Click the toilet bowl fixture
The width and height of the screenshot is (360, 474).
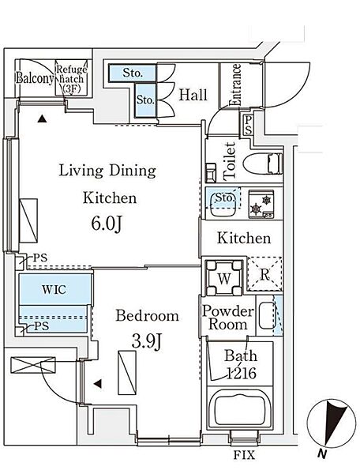(x=263, y=164)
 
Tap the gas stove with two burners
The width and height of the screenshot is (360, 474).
(x=261, y=204)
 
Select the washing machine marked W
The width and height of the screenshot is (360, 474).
(x=223, y=277)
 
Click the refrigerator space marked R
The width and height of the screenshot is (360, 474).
(x=264, y=274)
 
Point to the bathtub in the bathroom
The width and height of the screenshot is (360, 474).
(x=240, y=408)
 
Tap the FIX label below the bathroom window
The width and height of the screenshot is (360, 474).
(x=244, y=455)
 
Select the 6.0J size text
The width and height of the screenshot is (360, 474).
(x=107, y=224)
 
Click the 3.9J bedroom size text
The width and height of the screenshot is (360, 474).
(x=147, y=341)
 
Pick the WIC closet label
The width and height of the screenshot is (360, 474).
(x=54, y=290)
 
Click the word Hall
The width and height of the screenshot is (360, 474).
(x=193, y=95)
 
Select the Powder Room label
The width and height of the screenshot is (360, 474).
(x=227, y=318)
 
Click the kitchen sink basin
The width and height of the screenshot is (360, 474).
(x=223, y=205)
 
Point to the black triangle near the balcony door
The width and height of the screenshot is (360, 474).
(x=43, y=118)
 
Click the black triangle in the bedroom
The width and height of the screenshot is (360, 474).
(x=97, y=384)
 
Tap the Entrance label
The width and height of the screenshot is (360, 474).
(x=235, y=85)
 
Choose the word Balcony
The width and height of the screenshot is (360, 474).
(x=35, y=78)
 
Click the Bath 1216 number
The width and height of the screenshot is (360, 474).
(x=241, y=374)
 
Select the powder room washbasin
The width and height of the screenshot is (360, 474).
(x=267, y=315)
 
